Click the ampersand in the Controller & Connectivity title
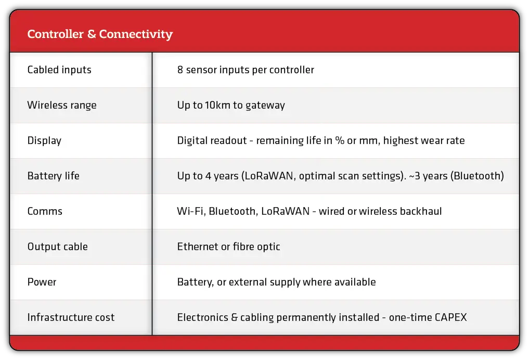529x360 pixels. pyautogui.click(x=92, y=34)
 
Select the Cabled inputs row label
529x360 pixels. pyautogui.click(x=59, y=70)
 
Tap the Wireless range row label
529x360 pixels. pyautogui.click(x=62, y=105)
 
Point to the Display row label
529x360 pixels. pyautogui.click(x=45, y=140)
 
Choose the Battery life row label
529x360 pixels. pyautogui.click(x=53, y=176)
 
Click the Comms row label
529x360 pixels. pyautogui.click(x=45, y=211)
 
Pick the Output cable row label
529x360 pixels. pyautogui.click(x=58, y=247)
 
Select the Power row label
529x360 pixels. pyautogui.click(x=42, y=282)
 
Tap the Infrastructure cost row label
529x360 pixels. pyautogui.click(x=71, y=317)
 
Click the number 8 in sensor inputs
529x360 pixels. pyautogui.click(x=180, y=70)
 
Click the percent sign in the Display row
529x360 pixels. pyautogui.click(x=340, y=140)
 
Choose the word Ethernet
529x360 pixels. pyautogui.click(x=198, y=247)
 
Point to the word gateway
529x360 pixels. pyautogui.click(x=265, y=106)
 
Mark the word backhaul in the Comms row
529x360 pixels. pyautogui.click(x=421, y=211)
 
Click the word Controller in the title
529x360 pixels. pyautogui.click(x=56, y=34)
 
